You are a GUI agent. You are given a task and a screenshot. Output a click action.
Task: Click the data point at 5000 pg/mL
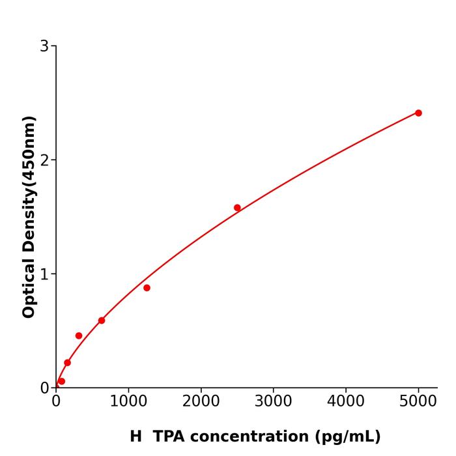point(418,113)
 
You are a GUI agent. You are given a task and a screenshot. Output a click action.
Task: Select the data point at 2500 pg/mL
point(237,208)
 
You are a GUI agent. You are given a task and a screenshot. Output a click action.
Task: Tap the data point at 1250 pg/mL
point(147,288)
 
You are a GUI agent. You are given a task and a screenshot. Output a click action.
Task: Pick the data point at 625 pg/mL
point(102,321)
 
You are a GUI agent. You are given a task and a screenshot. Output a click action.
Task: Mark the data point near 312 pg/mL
point(79,335)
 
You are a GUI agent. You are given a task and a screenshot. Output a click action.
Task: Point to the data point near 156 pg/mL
point(67,363)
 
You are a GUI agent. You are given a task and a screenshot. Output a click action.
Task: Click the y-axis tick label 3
point(44,46)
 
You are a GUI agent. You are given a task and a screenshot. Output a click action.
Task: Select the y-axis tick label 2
point(44,160)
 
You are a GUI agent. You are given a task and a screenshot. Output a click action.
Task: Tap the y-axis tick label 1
point(44,274)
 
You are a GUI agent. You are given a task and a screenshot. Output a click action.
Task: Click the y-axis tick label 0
point(44,388)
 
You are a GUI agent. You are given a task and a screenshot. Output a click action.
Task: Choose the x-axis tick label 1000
point(128,402)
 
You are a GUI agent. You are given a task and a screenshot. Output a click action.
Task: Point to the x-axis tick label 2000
point(201,402)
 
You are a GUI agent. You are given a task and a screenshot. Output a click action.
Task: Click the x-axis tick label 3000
point(273,402)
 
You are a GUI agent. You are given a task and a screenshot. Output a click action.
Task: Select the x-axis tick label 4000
point(345,402)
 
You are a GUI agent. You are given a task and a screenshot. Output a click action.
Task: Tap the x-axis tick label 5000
point(418,402)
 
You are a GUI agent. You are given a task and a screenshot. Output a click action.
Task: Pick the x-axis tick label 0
point(56,402)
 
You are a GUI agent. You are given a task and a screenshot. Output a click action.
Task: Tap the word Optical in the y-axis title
point(29,289)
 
